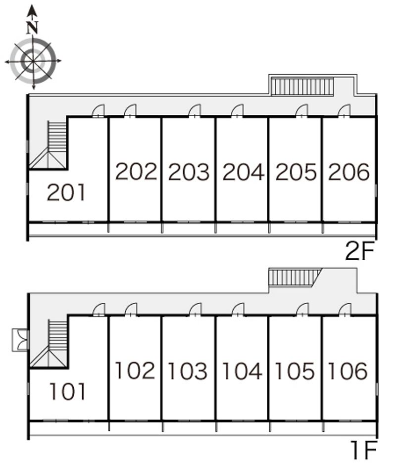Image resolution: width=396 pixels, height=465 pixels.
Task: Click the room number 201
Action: point(66,192)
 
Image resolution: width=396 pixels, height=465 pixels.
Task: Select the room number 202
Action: point(136,172)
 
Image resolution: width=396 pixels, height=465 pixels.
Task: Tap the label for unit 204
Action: point(244,172)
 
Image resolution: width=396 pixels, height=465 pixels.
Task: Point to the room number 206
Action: point(349,172)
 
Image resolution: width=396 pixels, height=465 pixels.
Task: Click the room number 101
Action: point(68,391)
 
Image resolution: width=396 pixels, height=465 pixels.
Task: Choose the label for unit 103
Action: point(188,371)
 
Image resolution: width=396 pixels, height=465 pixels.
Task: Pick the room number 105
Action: point(295,371)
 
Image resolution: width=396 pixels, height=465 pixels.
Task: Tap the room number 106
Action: point(348,371)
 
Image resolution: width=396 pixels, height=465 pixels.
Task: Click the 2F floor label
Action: point(360,251)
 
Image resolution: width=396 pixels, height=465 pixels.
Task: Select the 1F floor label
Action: point(364,450)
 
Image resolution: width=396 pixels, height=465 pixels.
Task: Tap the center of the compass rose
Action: point(33,61)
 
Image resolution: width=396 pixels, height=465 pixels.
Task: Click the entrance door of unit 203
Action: point(195,111)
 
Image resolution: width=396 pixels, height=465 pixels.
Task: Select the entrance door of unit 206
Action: point(345,111)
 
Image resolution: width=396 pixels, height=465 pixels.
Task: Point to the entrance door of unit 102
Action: point(131,309)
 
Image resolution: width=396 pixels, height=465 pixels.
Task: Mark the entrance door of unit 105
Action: point(302,309)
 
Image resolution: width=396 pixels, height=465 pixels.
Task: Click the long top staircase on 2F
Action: point(302,86)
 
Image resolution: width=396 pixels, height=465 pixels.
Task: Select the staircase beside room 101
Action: point(49,343)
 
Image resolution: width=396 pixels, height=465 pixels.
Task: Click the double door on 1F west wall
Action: point(20,340)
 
